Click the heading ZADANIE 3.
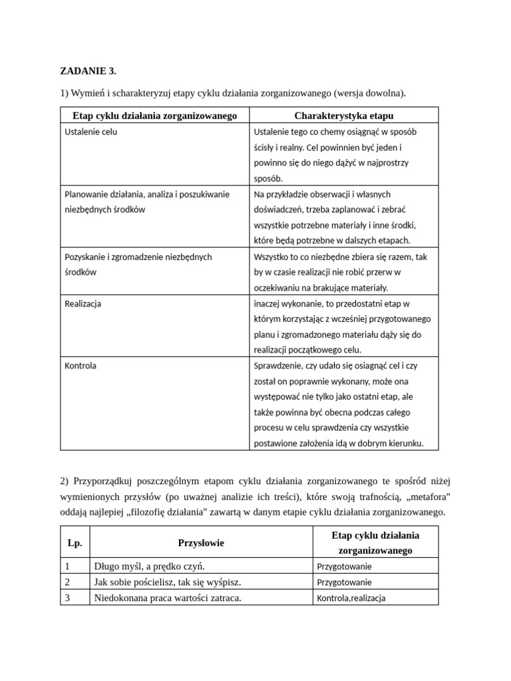[x=88, y=70]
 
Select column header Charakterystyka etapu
[x=343, y=116]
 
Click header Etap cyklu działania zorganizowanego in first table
[x=155, y=116]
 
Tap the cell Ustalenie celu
[x=91, y=132]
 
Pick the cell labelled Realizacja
[x=83, y=303]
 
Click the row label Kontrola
[x=81, y=366]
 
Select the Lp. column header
[x=75, y=543]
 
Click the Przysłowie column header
[x=201, y=543]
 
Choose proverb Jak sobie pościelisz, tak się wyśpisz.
[x=168, y=582]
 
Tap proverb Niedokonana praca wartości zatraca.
[x=168, y=597]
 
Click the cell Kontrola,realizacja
[x=351, y=598]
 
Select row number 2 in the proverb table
[x=68, y=582]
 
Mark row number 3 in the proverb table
[x=68, y=597]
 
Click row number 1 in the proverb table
[x=68, y=567]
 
